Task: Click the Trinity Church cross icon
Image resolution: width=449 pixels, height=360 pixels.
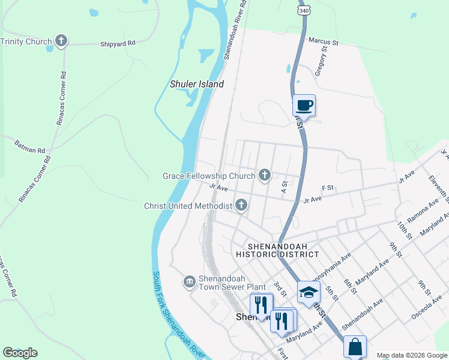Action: (61, 41)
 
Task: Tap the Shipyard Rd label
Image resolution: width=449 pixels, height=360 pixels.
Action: (118, 43)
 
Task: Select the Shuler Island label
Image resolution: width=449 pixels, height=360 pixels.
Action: (196, 85)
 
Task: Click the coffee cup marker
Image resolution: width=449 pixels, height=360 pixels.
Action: (304, 106)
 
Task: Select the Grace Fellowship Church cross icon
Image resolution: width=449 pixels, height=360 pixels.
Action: (264, 175)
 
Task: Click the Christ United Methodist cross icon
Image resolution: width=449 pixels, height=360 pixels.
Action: (241, 206)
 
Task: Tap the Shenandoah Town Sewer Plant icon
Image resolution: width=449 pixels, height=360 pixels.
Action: (189, 281)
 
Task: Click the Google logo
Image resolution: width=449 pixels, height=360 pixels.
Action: (20, 353)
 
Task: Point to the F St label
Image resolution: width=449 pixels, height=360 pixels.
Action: (327, 188)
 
